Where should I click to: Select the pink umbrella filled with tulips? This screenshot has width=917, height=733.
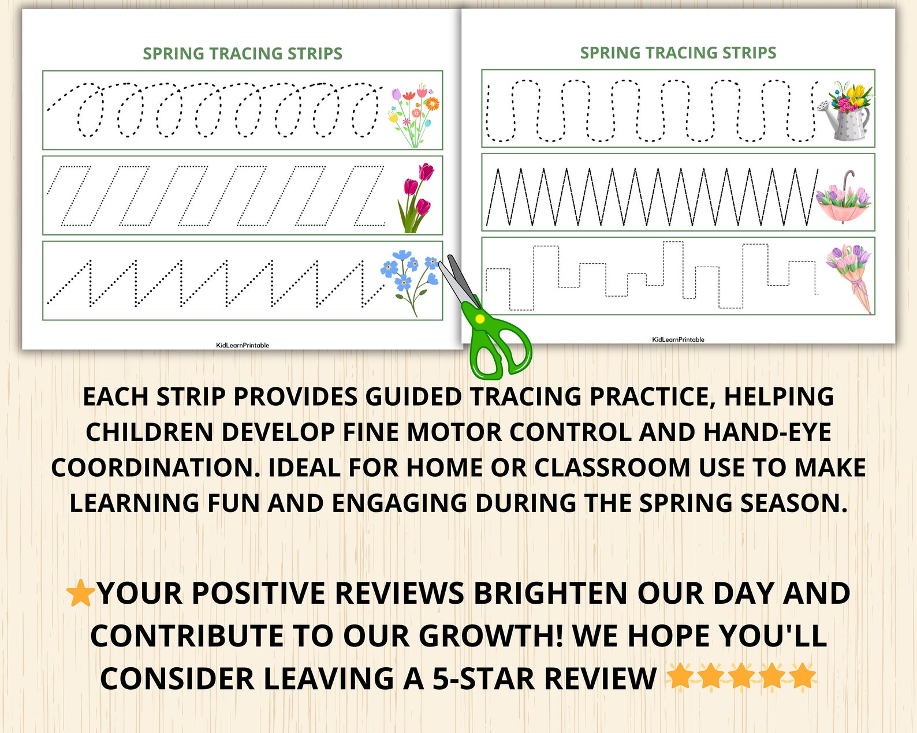coord(843,202)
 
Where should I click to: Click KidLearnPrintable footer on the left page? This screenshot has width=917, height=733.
coord(243,345)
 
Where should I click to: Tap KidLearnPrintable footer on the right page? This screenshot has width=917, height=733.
coord(678,339)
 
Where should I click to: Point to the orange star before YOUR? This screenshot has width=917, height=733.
coord(80,594)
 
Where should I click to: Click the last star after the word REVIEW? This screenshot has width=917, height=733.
coord(803,676)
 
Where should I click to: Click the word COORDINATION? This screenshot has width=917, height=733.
coord(155,468)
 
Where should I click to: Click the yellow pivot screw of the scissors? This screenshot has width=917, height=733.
coord(479,319)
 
